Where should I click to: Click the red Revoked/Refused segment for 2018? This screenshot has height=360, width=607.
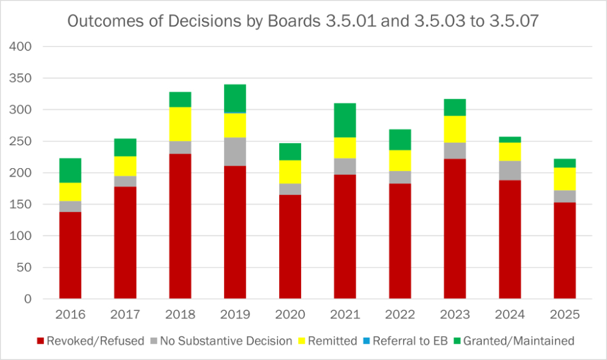[x=180, y=226]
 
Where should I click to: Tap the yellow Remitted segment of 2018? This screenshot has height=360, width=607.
[x=180, y=124]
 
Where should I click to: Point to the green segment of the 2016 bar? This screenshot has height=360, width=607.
[x=70, y=171]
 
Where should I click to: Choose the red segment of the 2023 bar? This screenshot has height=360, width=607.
[x=455, y=229]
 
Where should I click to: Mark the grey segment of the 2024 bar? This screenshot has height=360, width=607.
[x=510, y=170]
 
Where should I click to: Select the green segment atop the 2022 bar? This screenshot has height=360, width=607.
[x=400, y=140]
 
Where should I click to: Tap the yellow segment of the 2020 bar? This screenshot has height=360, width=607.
[x=290, y=172]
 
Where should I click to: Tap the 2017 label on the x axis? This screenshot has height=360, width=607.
[x=125, y=315]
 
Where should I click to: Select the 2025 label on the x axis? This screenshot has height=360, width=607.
[x=565, y=315]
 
